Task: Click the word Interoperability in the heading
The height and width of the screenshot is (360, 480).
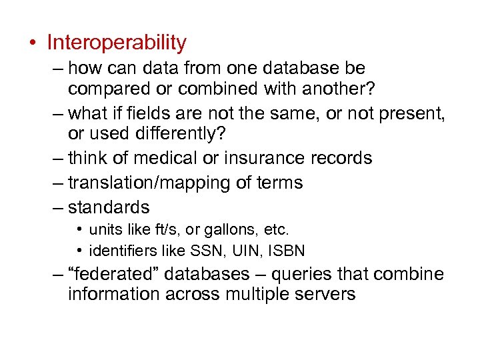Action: point(117,43)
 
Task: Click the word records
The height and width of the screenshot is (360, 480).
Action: point(341,159)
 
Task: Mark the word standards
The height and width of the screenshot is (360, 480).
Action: point(109,207)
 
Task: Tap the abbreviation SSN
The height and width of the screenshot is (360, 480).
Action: point(210,251)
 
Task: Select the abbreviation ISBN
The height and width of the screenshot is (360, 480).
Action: point(289,251)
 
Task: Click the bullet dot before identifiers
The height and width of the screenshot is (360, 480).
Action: point(79,251)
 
